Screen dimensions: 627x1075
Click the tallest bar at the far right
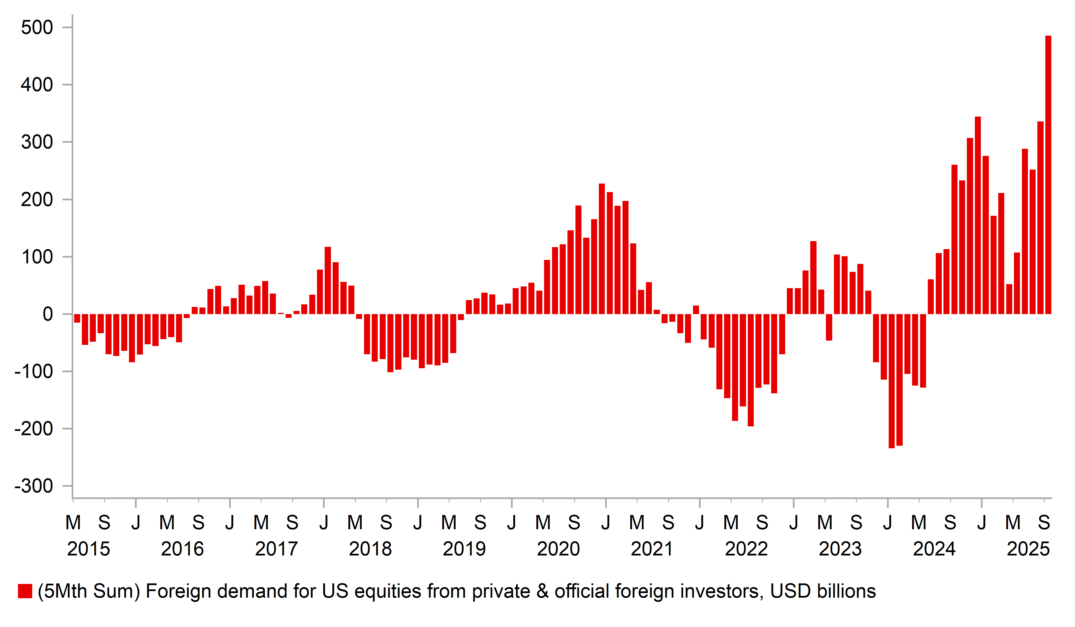coord(1048,175)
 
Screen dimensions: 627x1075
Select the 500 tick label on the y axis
coord(37,28)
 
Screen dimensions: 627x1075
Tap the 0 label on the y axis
coord(48,314)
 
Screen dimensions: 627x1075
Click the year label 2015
coord(88,549)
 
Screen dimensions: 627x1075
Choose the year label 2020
coord(558,549)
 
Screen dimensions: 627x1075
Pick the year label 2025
coord(1028,549)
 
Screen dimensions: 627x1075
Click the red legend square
coord(25,591)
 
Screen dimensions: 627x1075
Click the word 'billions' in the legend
coord(846,591)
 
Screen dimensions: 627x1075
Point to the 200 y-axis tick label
coord(37,200)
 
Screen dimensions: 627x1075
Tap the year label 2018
coord(370,549)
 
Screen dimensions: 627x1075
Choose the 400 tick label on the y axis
coord(37,85)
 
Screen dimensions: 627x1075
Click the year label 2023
coord(840,549)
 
